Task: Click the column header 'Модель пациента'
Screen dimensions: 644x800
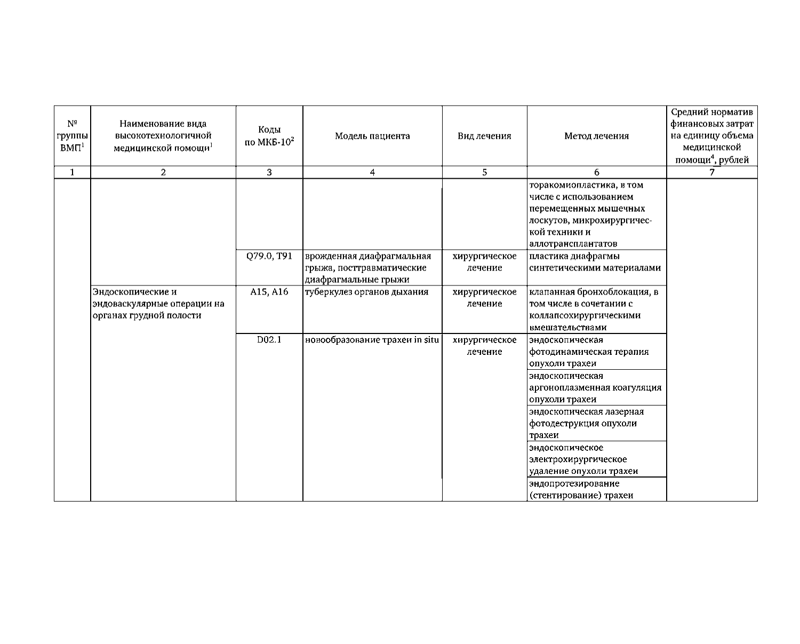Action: coord(372,136)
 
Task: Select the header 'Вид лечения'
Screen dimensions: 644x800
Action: coord(484,136)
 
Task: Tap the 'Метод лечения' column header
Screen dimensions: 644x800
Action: coord(596,136)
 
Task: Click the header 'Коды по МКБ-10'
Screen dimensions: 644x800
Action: coord(269,137)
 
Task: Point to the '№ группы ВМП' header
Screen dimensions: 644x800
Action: coord(72,136)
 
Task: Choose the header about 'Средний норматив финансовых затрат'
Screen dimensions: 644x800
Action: coord(712,136)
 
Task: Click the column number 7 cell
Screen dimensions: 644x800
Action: coord(712,172)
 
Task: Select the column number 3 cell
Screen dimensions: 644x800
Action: coord(269,172)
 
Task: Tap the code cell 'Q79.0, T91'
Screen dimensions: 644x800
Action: coord(269,256)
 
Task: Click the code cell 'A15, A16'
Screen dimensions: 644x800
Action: coord(269,292)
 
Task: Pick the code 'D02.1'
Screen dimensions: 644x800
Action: coord(269,340)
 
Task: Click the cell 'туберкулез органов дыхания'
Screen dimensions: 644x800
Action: coord(366,292)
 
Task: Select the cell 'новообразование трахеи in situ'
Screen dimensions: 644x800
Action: coord(372,340)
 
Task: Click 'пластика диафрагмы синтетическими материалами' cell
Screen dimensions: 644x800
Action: coord(595,262)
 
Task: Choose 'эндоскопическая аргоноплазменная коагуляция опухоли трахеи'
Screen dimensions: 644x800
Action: coord(595,387)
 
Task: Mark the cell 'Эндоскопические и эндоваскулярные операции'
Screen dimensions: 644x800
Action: coord(158,304)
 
